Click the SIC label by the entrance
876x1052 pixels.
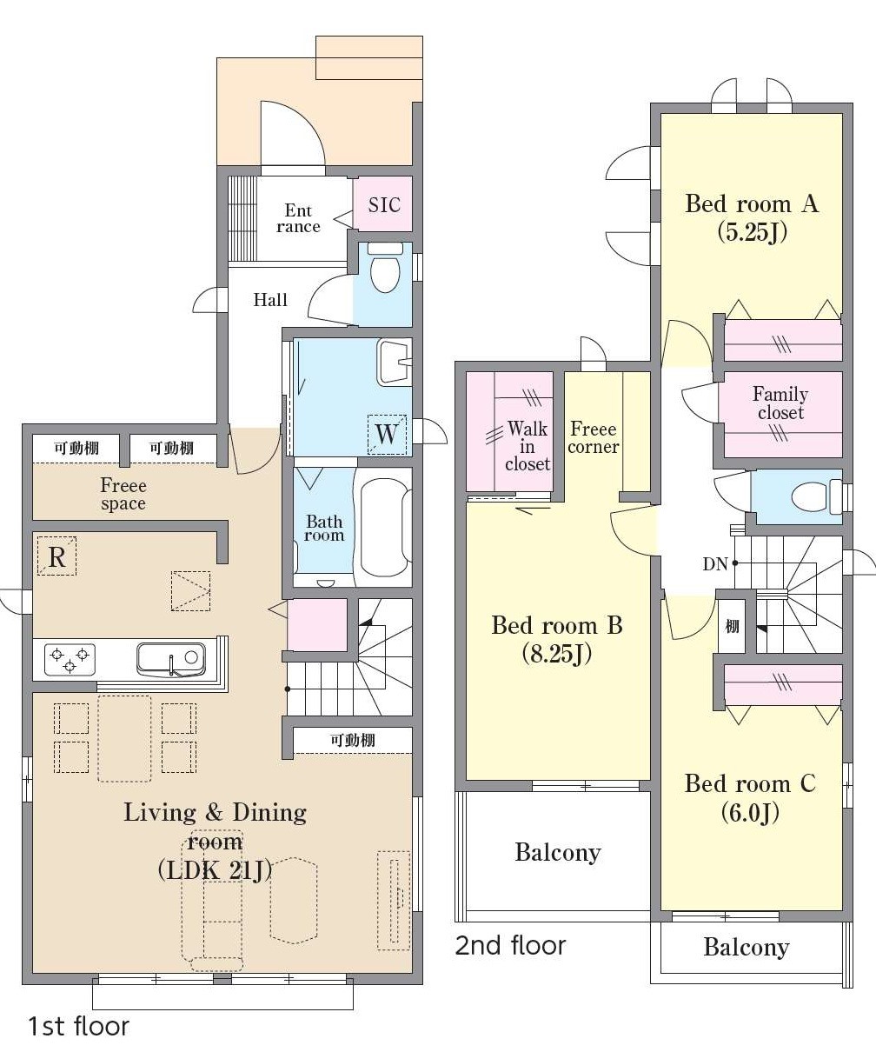(x=384, y=205)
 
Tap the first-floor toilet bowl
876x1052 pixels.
(x=385, y=268)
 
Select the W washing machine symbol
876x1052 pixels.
(x=387, y=435)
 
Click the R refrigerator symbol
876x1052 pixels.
(x=56, y=556)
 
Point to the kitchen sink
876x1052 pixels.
(x=170, y=660)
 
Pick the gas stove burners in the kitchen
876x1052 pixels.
(x=70, y=660)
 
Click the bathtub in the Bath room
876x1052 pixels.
(x=384, y=527)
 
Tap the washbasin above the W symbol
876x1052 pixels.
(x=395, y=363)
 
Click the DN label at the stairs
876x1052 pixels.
(x=715, y=564)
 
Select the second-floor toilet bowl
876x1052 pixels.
(x=816, y=497)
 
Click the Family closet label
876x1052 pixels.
(x=780, y=403)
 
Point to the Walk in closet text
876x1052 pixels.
(x=527, y=446)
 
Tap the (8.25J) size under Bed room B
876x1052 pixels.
(x=557, y=654)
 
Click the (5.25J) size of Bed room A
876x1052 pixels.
(x=752, y=232)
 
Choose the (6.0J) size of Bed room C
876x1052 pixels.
(x=750, y=812)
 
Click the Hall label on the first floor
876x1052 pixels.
(x=270, y=300)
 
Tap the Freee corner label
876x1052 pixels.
(x=594, y=438)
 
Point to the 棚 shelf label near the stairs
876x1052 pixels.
(x=732, y=626)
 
